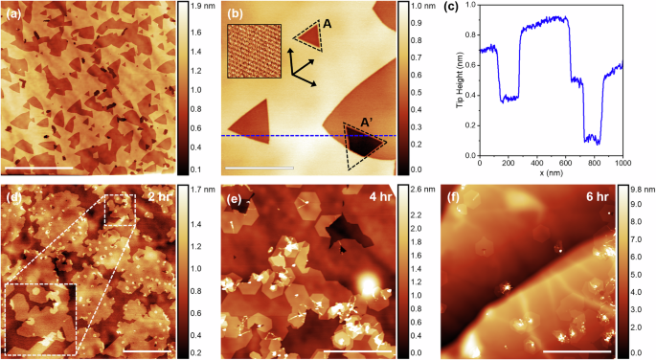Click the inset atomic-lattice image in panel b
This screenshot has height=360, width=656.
(252, 51)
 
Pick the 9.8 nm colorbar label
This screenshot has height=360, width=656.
(643, 190)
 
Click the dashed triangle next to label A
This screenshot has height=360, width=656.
(308, 36)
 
